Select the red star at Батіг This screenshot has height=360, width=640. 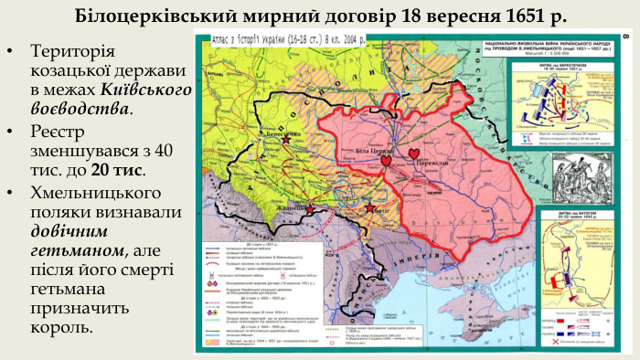[369, 208]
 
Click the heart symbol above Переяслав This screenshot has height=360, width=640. [415, 153]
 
